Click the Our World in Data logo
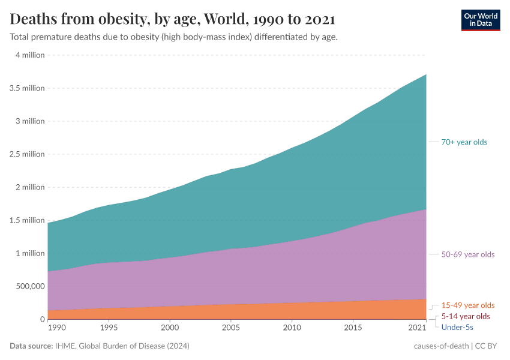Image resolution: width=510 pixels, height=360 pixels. [481, 20]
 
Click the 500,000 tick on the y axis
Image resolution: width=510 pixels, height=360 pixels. [28, 286]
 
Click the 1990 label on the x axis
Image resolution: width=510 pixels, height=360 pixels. [57, 328]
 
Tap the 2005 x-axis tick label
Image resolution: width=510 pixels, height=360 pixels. [231, 328]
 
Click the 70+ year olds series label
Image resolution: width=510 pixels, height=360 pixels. [464, 142]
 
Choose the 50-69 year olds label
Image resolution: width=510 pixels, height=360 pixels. [468, 254]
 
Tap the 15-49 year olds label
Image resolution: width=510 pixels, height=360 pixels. [468, 305]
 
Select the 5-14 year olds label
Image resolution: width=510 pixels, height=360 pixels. [466, 316]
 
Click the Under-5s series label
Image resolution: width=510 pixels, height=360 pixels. [457, 327]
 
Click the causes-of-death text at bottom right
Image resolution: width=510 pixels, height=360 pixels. [442, 346]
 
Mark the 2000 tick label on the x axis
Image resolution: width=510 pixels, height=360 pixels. [170, 328]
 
